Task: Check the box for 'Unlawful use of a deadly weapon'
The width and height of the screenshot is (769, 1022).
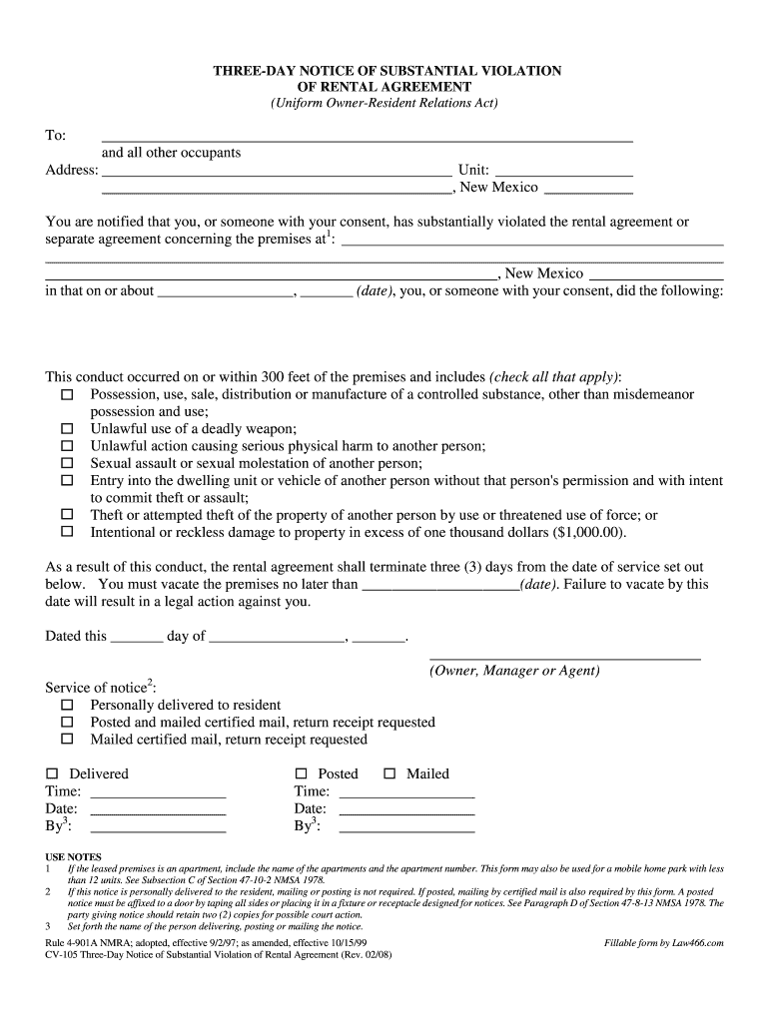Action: [x=67, y=429]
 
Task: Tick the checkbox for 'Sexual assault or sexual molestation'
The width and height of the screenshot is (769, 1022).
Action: [x=67, y=463]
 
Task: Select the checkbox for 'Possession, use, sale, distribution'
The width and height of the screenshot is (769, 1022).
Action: [x=67, y=395]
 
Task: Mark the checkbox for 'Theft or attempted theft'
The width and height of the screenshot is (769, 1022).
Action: [x=67, y=515]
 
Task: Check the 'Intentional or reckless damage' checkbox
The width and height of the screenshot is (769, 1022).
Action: [x=67, y=532]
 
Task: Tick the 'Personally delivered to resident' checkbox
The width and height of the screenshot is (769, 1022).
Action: [x=67, y=705]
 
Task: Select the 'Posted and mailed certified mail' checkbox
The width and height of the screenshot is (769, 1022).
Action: [x=67, y=722]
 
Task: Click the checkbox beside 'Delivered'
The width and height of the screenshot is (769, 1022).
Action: [x=53, y=774]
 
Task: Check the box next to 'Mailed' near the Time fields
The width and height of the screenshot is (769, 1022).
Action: [x=389, y=774]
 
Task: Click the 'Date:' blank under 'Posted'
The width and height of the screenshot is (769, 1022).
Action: [x=406, y=810]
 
